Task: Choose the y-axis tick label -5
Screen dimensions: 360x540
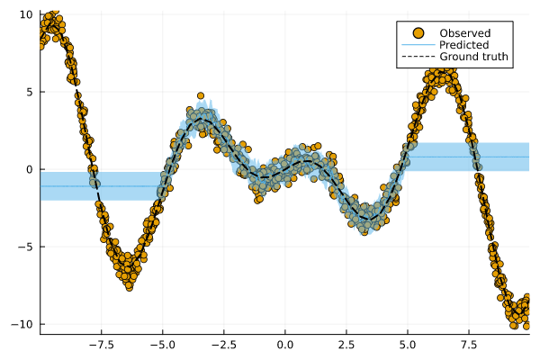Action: [x=26, y=247]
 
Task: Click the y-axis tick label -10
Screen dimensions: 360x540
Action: [x=23, y=324]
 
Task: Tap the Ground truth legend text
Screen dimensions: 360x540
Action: [x=474, y=56]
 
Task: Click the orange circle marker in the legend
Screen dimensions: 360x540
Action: [x=418, y=32]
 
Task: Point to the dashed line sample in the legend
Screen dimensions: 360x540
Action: [x=418, y=56]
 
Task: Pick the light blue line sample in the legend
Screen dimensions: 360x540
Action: [x=418, y=44]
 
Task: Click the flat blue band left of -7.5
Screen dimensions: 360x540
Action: [x=63, y=185]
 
